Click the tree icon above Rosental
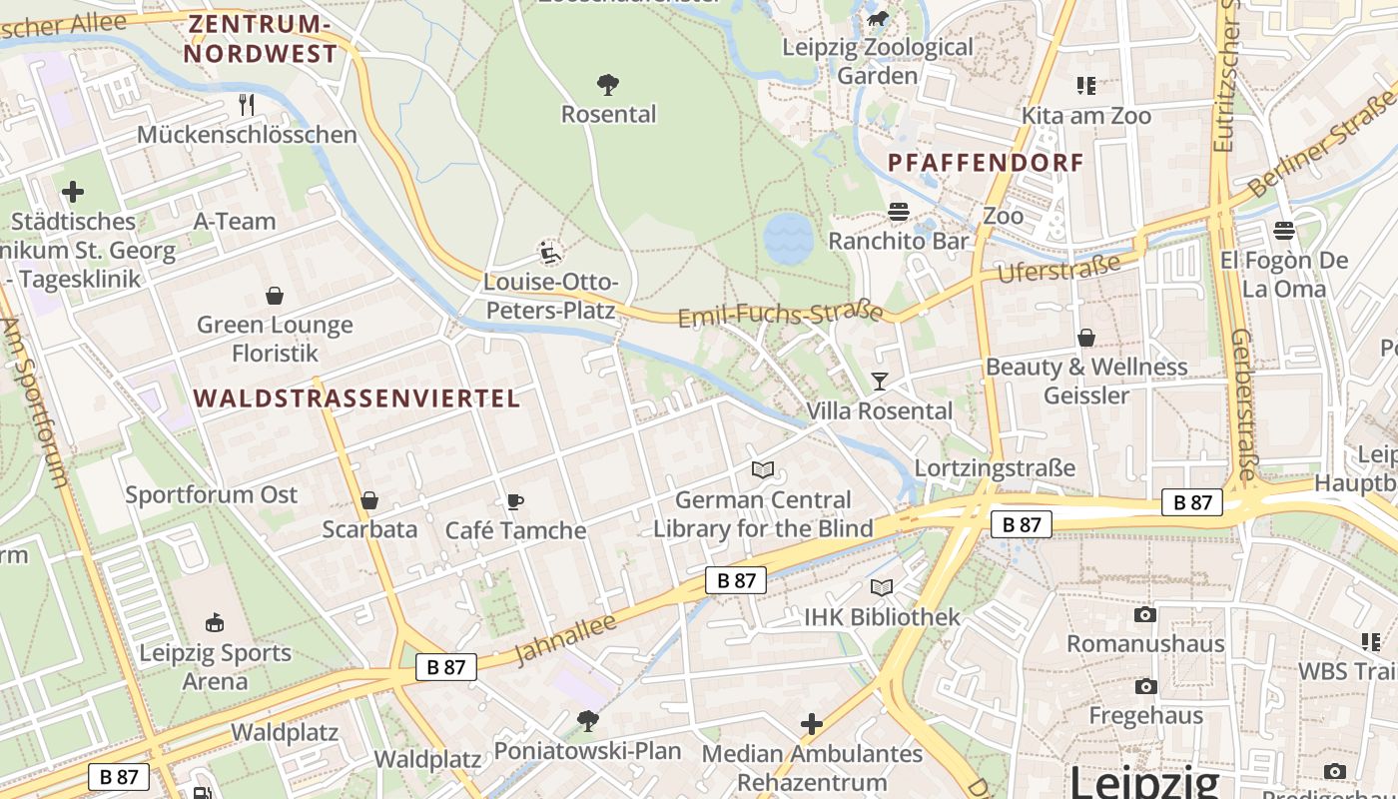click(607, 84)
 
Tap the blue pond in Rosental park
click(789, 238)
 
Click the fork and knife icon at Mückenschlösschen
click(247, 104)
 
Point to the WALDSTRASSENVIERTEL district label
click(356, 399)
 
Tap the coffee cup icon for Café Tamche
click(515, 500)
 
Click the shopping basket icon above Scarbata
click(369, 499)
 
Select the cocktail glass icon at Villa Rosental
click(879, 381)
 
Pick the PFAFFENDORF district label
click(985, 163)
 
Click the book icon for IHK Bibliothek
click(882, 587)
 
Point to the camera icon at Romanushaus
click(1145, 613)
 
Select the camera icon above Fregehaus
click(1145, 686)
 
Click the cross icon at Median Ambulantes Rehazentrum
click(812, 722)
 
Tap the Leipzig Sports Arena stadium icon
click(214, 623)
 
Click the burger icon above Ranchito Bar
click(899, 211)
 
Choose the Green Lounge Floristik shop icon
click(275, 296)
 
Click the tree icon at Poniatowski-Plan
click(588, 719)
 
